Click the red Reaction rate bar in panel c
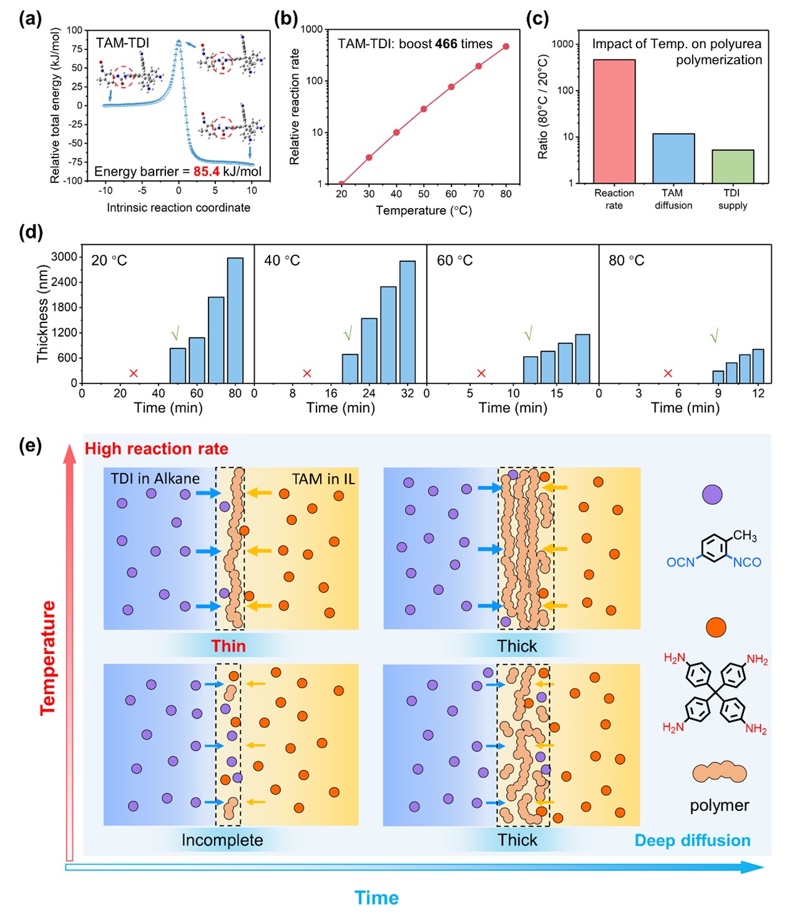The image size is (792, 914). [x=614, y=121]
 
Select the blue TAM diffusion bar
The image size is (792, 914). [x=673, y=158]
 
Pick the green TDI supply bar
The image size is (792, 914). [x=733, y=166]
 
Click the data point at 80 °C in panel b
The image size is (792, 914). [x=506, y=46]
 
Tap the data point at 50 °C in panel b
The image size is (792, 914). [x=424, y=109]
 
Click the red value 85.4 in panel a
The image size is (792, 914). [x=207, y=171]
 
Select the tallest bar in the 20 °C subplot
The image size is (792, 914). [x=235, y=320]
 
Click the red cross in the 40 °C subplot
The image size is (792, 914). [x=307, y=373]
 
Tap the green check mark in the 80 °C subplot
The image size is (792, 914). [x=714, y=336]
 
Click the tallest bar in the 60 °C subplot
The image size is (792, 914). [x=582, y=359]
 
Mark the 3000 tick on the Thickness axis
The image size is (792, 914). [x=64, y=257]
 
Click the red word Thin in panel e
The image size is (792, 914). [x=228, y=646]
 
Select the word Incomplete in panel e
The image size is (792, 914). [x=222, y=840]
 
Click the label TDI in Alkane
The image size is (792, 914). [x=155, y=479]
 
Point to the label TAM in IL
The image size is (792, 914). [x=323, y=479]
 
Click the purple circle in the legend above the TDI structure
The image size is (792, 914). [x=712, y=495]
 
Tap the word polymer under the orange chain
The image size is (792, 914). [x=719, y=805]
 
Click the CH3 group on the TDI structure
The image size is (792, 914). [x=745, y=535]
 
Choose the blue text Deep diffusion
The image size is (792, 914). [x=692, y=840]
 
